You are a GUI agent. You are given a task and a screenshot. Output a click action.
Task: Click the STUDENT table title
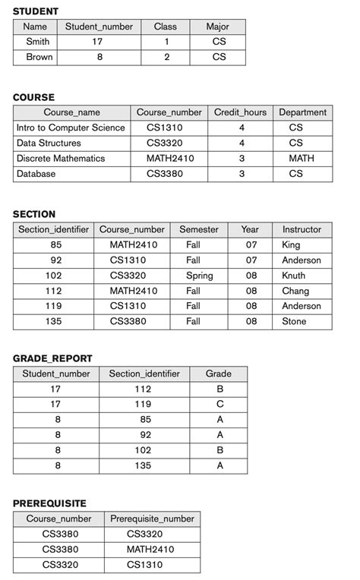point(36,11)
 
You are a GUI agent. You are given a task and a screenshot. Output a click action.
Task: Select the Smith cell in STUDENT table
point(37,42)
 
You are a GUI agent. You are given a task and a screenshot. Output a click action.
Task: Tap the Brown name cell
point(39,57)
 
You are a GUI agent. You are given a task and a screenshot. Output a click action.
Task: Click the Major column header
point(218,27)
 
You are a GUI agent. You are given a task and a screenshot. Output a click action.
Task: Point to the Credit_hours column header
point(240,112)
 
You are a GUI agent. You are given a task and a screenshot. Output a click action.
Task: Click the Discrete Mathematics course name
point(61,159)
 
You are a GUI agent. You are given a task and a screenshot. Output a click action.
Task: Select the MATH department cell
point(302,159)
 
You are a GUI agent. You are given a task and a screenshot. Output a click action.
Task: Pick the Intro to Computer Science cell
point(71,128)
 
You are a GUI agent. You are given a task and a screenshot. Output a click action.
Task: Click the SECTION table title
point(34,214)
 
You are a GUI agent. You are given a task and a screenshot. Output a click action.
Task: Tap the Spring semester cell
point(199,276)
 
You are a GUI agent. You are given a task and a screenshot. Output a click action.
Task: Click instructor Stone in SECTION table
point(295,321)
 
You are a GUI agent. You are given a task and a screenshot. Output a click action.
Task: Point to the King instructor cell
point(291,245)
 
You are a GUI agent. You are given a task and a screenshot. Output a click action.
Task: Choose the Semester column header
point(199,229)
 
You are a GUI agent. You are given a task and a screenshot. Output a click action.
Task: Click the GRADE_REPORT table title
point(52,358)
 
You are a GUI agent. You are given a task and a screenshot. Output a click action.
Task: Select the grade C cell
point(219,405)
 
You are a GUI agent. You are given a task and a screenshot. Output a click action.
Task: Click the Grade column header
point(219,374)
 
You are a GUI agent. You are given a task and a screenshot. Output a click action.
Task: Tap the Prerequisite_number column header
point(153,519)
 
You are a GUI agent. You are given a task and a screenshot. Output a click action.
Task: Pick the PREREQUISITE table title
point(49,503)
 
